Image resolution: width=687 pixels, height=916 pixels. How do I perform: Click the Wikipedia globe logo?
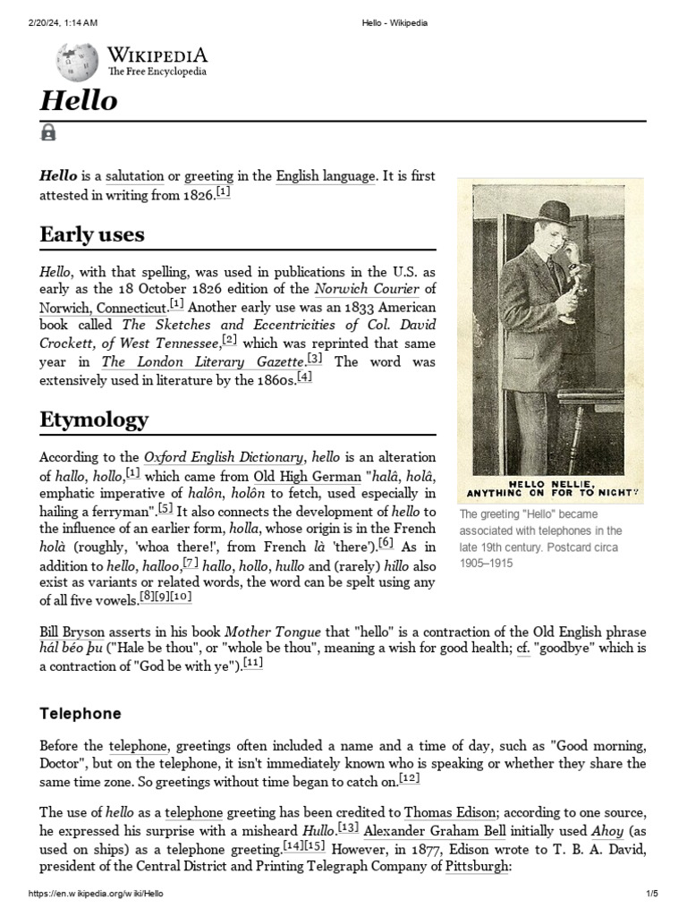77,62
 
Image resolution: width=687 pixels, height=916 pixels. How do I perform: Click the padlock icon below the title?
48,133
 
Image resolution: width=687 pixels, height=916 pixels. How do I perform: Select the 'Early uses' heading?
92,235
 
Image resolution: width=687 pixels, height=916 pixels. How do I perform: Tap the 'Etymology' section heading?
94,420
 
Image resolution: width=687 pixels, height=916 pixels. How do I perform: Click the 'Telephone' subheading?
81,714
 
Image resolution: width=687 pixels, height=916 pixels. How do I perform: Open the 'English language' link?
325,176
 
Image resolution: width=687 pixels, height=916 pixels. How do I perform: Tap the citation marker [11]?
253,664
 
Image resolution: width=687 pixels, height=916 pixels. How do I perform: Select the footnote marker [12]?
410,778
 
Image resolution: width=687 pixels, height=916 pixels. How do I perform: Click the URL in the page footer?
97,894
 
